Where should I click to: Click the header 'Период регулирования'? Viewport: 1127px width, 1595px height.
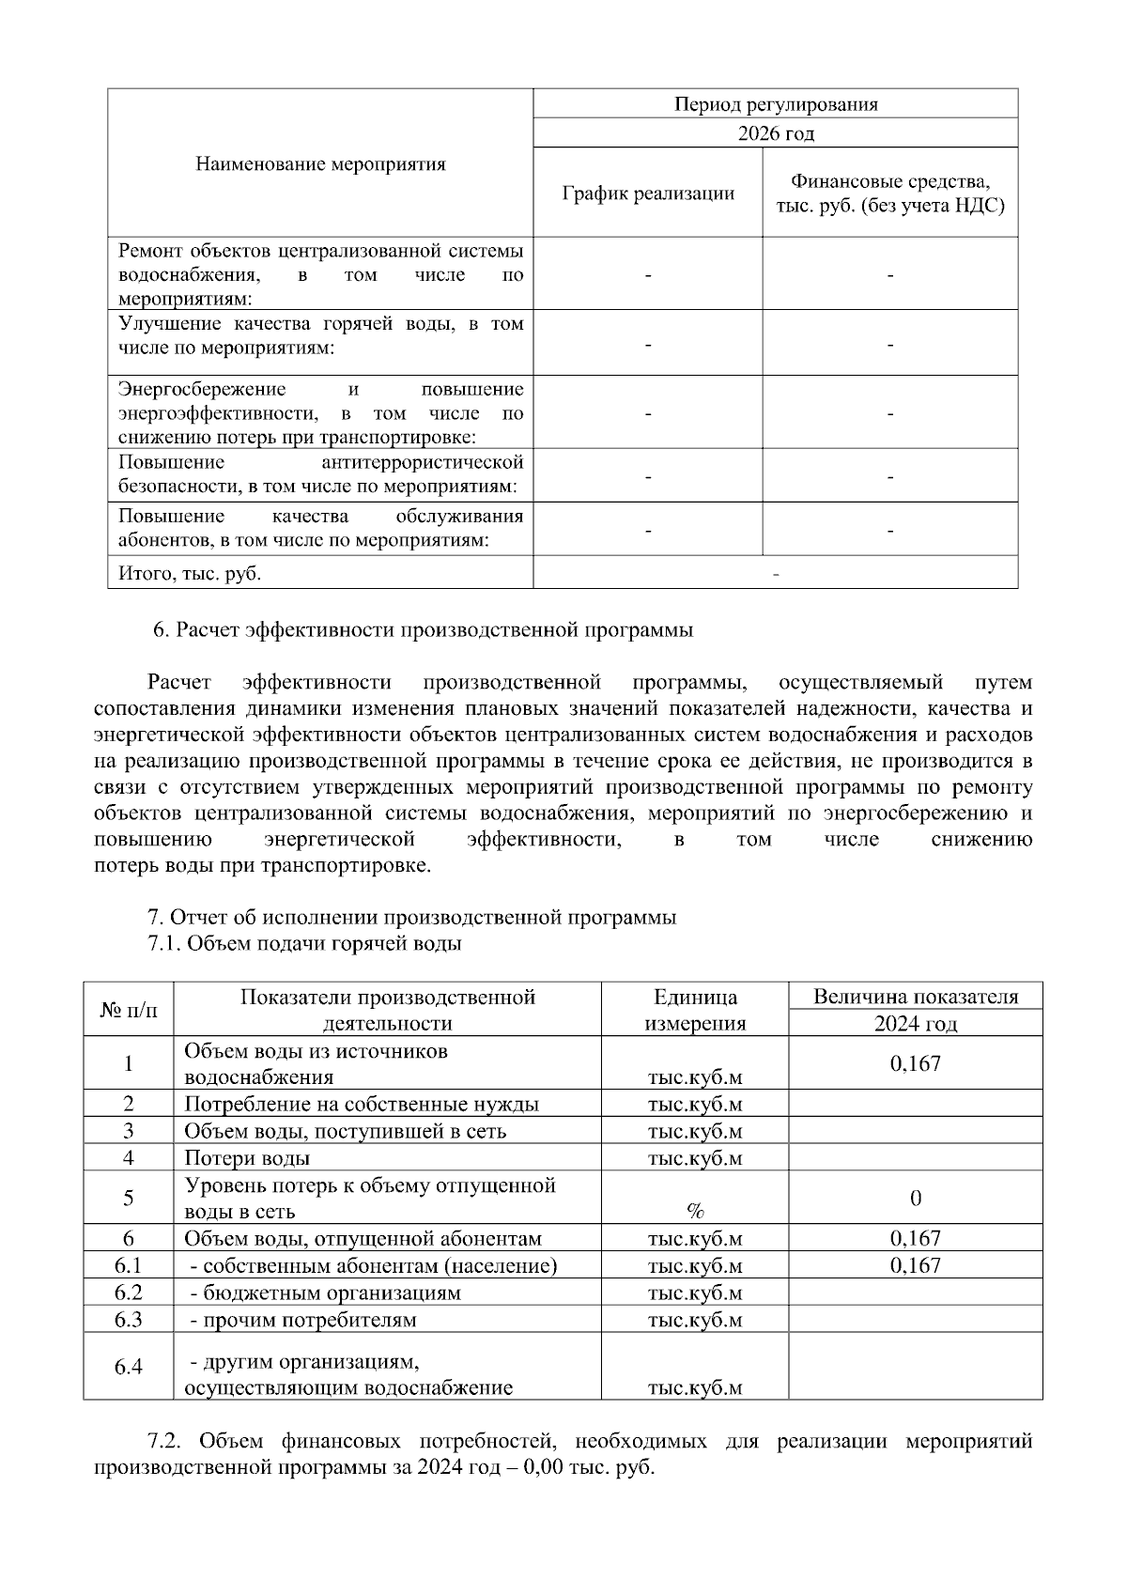[x=776, y=104]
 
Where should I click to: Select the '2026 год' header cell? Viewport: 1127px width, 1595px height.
[x=776, y=133]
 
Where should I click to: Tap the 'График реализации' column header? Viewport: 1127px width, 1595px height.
[x=648, y=194]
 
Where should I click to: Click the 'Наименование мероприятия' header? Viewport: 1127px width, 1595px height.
[x=320, y=164]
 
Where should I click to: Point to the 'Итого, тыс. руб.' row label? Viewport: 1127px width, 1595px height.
[x=190, y=573]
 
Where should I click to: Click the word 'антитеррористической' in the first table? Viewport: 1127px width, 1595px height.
[x=422, y=463]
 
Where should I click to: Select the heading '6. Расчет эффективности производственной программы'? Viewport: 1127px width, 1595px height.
[x=423, y=630]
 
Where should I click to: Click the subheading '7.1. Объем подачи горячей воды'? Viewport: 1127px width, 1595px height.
[x=304, y=944]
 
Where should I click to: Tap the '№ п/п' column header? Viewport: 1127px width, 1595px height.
[x=129, y=1010]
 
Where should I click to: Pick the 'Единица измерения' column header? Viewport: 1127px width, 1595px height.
[x=695, y=1010]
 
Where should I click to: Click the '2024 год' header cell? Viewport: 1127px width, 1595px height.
[x=915, y=1024]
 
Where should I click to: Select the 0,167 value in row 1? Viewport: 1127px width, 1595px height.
[x=915, y=1063]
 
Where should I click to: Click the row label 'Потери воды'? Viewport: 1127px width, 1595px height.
[x=247, y=1158]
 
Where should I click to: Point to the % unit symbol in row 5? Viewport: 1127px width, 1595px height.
[x=695, y=1211]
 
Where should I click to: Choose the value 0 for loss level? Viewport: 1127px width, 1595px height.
[x=915, y=1198]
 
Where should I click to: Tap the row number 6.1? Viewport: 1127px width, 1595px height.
[x=129, y=1265]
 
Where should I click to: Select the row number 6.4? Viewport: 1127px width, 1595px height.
[x=129, y=1367]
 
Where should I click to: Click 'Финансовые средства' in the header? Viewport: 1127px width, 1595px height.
[x=889, y=181]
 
